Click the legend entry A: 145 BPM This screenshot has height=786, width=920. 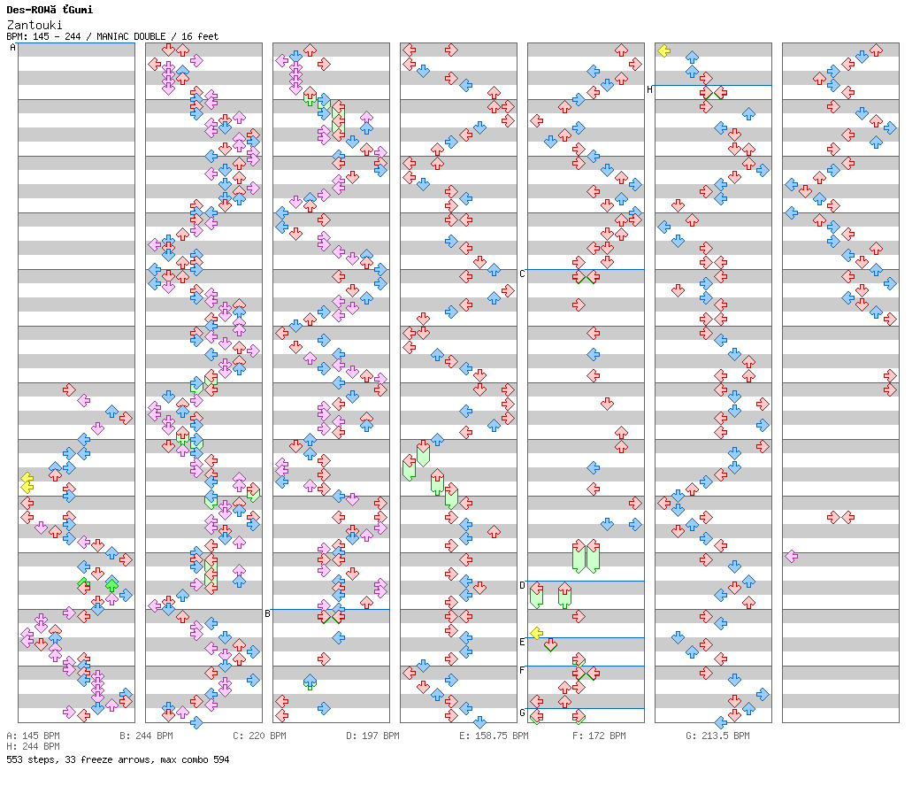tap(33, 736)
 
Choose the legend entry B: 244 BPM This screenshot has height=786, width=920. tap(146, 736)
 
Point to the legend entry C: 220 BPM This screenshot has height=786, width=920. tap(259, 736)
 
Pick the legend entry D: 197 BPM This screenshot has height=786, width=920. tap(372, 736)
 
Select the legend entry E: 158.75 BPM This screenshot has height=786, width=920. tap(494, 736)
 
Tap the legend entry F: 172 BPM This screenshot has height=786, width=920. tap(599, 736)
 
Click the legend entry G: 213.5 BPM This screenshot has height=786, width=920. tap(717, 736)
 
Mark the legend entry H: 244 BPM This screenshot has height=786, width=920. tap(33, 747)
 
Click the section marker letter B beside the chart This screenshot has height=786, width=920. tap(267, 613)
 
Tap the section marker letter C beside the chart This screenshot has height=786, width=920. tap(522, 274)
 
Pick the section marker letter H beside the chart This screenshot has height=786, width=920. tap(649, 89)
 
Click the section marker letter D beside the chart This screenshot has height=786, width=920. tap(522, 585)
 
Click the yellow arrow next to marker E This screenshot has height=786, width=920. tap(536, 633)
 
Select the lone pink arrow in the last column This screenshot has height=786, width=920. tap(791, 556)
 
